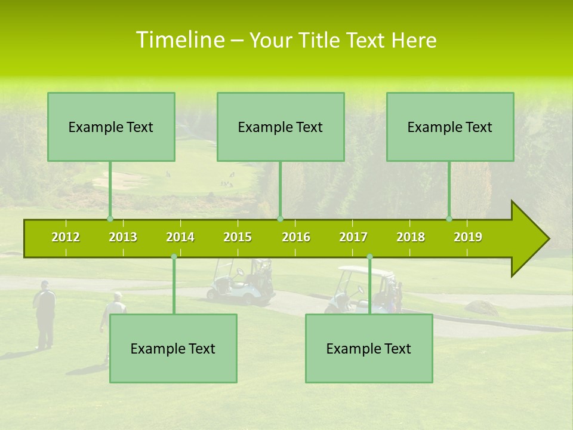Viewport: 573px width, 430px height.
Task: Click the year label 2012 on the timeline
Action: click(x=66, y=237)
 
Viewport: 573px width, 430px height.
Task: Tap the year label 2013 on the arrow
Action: click(x=123, y=237)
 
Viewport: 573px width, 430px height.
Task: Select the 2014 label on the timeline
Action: click(x=180, y=237)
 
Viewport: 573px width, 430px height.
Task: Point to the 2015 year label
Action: click(x=238, y=237)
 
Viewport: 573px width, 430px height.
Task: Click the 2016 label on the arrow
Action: click(x=296, y=237)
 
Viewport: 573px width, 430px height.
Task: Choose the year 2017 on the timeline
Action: click(x=353, y=237)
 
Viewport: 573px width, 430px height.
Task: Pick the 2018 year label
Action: click(x=411, y=237)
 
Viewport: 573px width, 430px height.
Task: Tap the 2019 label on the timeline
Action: click(x=468, y=237)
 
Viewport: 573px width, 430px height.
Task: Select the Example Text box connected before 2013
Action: click(x=111, y=127)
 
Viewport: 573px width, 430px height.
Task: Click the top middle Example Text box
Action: click(x=281, y=127)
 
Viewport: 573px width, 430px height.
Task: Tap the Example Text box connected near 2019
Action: click(x=450, y=127)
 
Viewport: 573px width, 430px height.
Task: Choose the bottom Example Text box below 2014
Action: click(x=173, y=348)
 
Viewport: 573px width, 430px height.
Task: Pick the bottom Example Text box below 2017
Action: click(x=369, y=348)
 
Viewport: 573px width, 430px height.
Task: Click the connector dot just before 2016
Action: click(x=281, y=219)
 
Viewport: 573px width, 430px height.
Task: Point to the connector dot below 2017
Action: click(x=369, y=257)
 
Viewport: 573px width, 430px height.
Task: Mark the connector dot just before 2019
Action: click(x=449, y=219)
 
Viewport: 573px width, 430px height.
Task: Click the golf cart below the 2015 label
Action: click(x=239, y=281)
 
